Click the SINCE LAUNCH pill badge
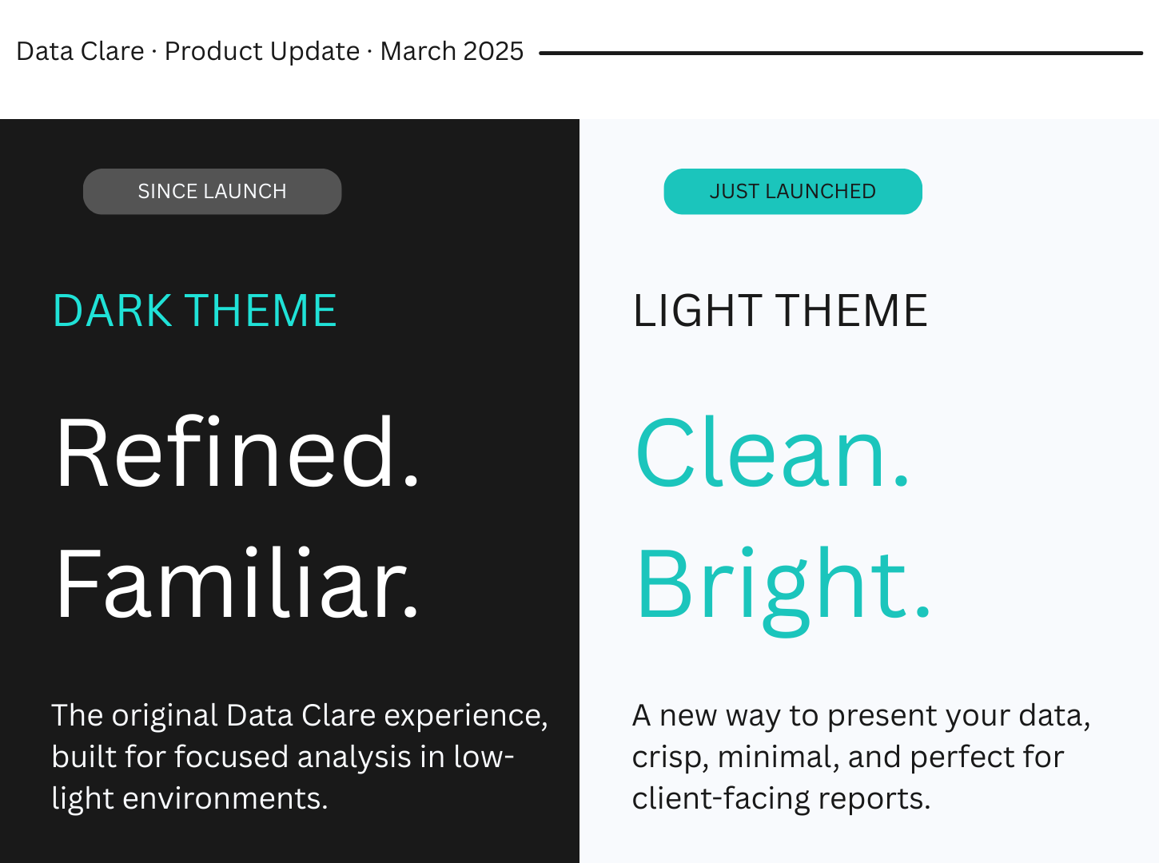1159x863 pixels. [212, 192]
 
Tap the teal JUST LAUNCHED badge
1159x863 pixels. [792, 192]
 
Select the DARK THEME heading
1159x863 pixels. [194, 311]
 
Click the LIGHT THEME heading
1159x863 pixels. [780, 311]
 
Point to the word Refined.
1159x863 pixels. [237, 452]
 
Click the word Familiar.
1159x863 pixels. [237, 583]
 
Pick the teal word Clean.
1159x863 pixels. [772, 452]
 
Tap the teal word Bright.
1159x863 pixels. [783, 585]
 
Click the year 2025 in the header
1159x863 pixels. [493, 51]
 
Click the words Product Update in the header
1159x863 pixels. [262, 51]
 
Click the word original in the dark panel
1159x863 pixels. [165, 715]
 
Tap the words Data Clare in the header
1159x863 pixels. [80, 51]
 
